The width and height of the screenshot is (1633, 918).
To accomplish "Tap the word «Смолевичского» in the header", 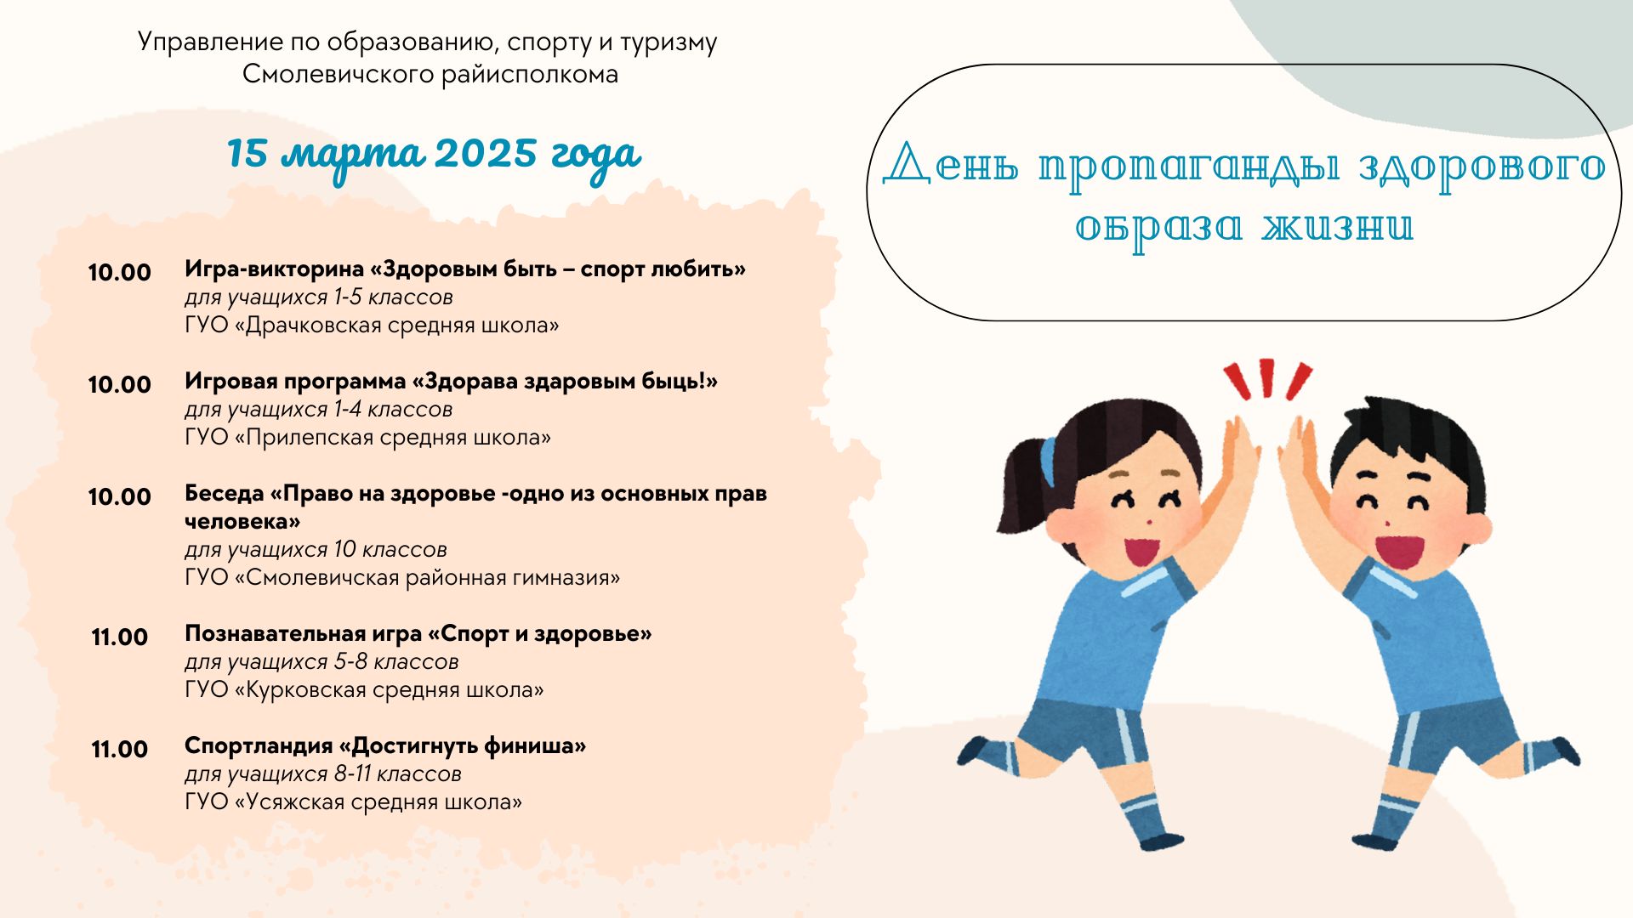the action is [x=339, y=75].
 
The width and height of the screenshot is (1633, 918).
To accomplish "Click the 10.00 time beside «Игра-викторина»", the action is [x=120, y=273].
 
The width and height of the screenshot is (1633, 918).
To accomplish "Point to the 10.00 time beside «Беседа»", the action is [x=120, y=497].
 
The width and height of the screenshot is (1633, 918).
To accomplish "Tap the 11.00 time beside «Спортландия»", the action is [x=120, y=750].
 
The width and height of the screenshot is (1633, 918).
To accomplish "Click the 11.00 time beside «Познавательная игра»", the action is [x=120, y=637].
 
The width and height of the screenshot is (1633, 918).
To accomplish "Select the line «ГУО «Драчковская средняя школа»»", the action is [x=372, y=326].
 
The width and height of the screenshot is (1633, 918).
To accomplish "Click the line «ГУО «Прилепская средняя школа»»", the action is [x=367, y=438].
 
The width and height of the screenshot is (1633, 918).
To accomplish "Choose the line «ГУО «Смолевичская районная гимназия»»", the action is [x=402, y=578].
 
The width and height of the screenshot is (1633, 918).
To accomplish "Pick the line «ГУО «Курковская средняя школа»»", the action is [x=364, y=690].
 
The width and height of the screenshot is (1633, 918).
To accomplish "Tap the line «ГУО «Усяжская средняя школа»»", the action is [x=353, y=802].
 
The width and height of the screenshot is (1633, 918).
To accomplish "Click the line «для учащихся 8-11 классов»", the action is [x=323, y=774].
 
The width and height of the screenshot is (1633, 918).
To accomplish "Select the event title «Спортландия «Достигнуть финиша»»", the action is [x=385, y=746].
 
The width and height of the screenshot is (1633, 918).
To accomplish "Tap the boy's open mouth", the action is [x=1398, y=552].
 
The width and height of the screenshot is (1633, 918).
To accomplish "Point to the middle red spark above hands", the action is [x=1266, y=377].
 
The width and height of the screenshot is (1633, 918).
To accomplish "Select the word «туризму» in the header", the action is [x=669, y=43].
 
